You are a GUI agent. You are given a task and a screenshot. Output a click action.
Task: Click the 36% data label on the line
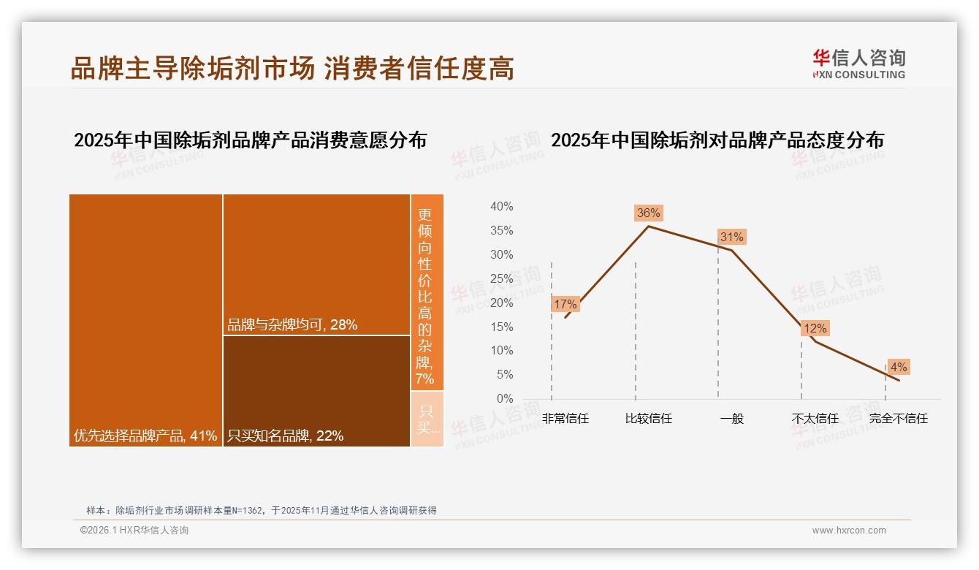click(648, 213)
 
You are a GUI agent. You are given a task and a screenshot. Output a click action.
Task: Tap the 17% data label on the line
click(565, 304)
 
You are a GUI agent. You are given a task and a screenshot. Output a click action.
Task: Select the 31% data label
click(731, 237)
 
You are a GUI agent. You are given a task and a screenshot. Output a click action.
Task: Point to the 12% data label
click(815, 329)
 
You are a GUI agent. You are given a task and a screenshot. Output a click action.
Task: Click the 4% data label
click(898, 367)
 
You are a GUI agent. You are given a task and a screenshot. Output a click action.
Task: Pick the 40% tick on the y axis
click(501, 207)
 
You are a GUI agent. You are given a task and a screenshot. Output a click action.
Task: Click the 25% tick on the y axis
click(501, 278)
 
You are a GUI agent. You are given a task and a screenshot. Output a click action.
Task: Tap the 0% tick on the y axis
click(504, 398)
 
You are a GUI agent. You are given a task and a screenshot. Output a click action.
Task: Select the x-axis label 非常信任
click(565, 419)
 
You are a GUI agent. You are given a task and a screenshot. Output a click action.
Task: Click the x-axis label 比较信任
click(648, 419)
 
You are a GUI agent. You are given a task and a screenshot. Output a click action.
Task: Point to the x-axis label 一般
click(731, 419)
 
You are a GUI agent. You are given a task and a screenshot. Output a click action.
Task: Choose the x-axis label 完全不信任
click(898, 419)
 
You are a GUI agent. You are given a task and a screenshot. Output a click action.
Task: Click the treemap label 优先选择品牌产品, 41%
click(145, 436)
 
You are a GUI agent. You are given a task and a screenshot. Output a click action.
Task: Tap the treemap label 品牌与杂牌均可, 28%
click(292, 325)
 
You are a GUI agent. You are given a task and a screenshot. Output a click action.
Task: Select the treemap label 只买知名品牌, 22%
click(285, 436)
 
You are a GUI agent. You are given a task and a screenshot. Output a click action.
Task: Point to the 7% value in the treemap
click(425, 379)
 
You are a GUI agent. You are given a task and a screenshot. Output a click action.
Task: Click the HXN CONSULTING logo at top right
click(858, 64)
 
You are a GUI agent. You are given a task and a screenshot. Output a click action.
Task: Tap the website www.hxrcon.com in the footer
click(849, 531)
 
